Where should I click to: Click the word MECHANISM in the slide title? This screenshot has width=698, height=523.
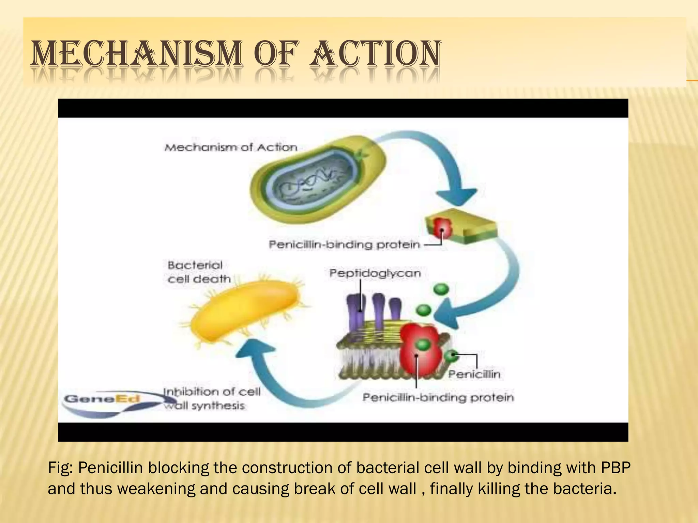click(136, 53)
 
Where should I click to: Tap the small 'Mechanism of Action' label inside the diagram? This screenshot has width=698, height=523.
click(231, 147)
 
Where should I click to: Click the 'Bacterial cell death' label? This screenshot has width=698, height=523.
click(199, 272)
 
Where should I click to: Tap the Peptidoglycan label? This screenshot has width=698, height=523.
click(375, 273)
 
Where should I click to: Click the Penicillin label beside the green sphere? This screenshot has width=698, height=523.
click(474, 374)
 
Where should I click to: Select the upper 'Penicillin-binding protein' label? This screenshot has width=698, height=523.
click(344, 244)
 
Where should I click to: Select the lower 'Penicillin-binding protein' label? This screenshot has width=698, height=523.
click(438, 397)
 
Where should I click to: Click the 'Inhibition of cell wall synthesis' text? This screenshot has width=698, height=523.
click(211, 399)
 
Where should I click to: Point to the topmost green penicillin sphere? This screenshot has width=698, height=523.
click(441, 290)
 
